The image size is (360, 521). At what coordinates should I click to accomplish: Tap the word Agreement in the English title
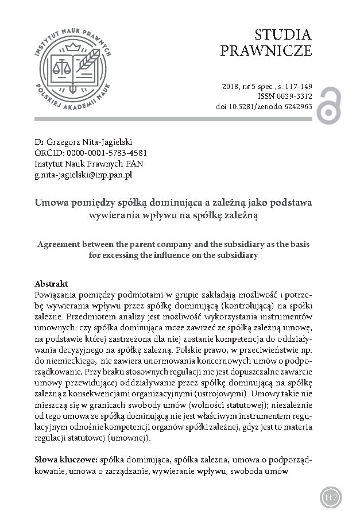click(x=55, y=244)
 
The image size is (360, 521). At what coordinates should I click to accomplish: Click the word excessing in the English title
click(x=127, y=254)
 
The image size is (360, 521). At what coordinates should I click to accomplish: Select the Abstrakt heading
click(x=52, y=284)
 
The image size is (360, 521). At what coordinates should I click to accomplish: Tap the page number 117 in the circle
click(x=330, y=495)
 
